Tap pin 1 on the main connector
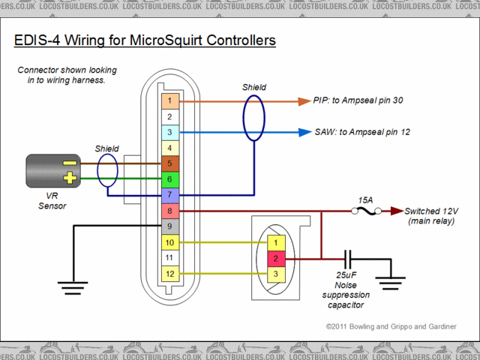click(170, 100)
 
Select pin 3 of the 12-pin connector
click(170, 133)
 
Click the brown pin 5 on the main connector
click(170, 163)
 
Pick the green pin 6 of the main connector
click(170, 179)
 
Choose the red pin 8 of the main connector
click(170, 211)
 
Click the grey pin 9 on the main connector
click(170, 226)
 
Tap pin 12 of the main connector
click(170, 274)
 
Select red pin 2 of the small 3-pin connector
click(276, 259)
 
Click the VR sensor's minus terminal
click(69, 162)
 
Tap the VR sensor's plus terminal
click(69, 178)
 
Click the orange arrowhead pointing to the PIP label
click(303, 100)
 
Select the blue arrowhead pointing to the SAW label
click(303, 133)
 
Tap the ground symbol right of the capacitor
click(391, 283)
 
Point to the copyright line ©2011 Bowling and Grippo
click(390, 328)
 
